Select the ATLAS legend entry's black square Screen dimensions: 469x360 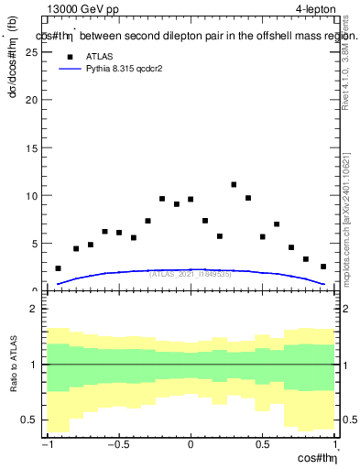[x=67, y=57]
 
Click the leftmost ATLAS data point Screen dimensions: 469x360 [x=58, y=268]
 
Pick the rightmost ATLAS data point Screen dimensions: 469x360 [x=323, y=267]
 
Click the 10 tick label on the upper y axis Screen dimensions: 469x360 [x=33, y=195]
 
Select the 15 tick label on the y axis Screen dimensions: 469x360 [x=33, y=147]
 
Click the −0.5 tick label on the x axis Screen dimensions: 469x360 [x=117, y=444]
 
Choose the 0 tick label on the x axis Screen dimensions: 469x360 [x=191, y=444]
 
